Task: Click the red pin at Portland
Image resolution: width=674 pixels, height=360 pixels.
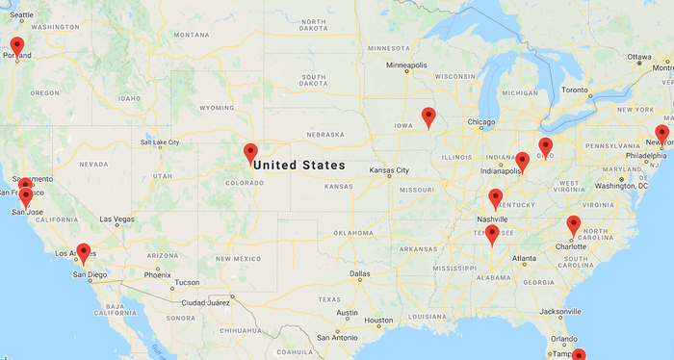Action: tap(16, 46)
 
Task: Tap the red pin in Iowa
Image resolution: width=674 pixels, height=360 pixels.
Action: tap(428, 117)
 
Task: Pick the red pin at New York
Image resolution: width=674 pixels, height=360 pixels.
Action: tap(661, 135)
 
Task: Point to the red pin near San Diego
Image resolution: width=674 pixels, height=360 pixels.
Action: tap(84, 253)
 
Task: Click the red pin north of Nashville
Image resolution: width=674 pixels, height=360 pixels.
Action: tap(496, 199)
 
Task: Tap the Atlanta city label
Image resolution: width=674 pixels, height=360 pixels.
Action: tap(525, 258)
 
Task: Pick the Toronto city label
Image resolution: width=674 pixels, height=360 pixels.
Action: tap(574, 90)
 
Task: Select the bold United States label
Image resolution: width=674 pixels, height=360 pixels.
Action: tap(298, 166)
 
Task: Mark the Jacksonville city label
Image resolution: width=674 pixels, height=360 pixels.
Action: tap(561, 311)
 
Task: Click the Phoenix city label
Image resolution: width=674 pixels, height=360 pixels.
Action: tap(157, 274)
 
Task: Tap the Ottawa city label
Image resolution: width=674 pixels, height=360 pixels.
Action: tap(640, 57)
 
